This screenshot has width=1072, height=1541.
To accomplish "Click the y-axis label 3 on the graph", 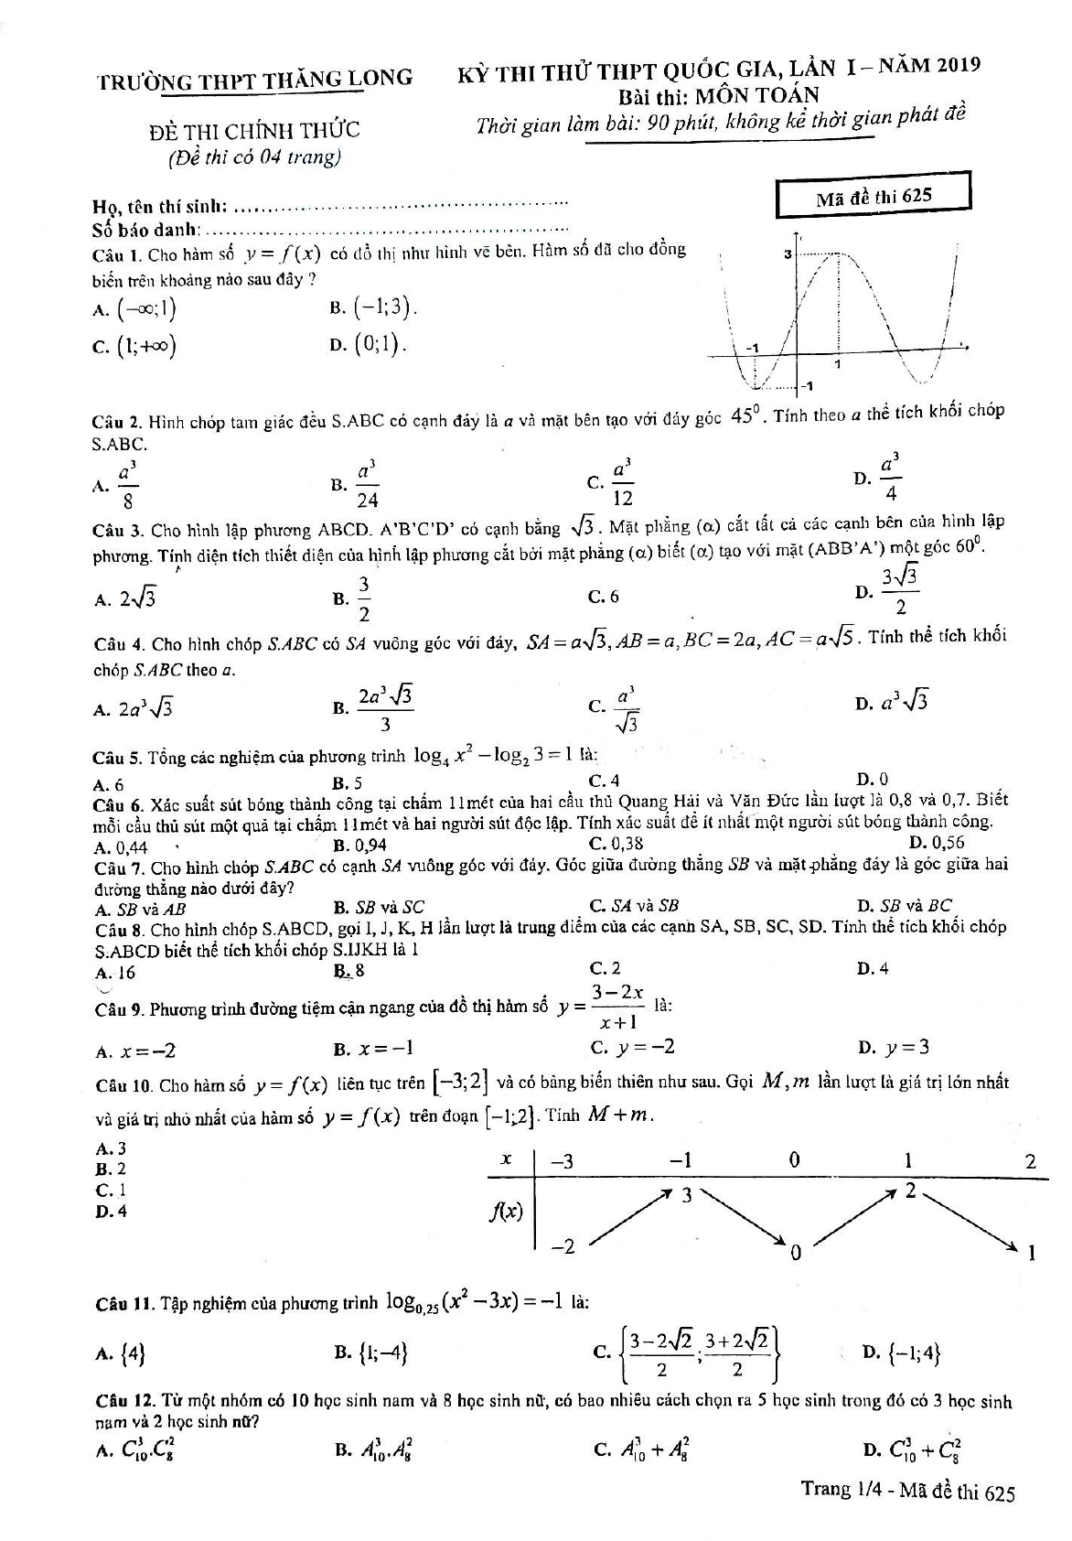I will tap(787, 255).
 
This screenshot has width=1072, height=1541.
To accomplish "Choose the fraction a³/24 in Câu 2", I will tap(368, 485).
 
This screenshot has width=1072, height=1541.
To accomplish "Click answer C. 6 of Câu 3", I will tap(606, 597).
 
